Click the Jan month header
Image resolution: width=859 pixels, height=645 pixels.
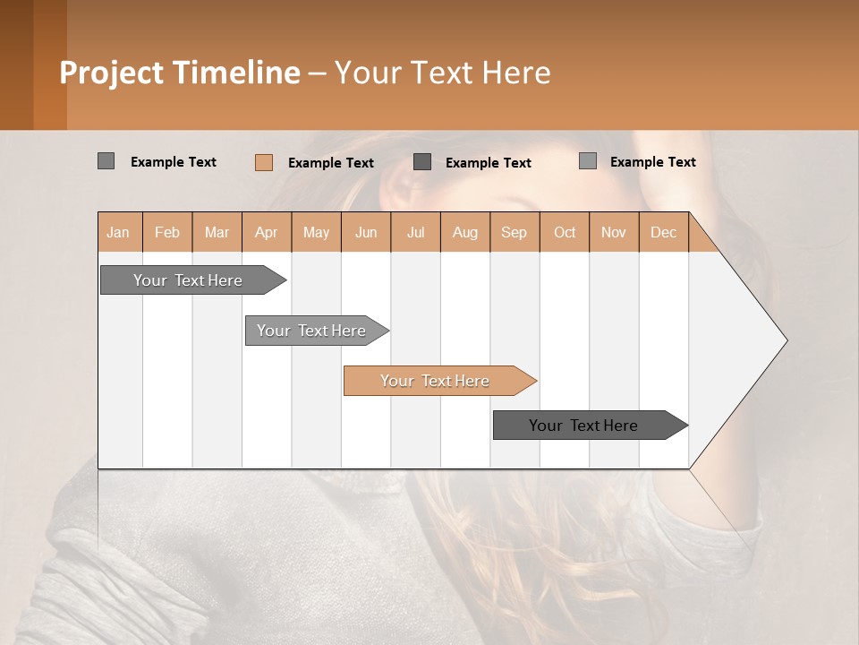[x=118, y=232]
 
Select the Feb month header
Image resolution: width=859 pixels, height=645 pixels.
[x=167, y=232]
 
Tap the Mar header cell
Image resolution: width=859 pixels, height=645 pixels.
[x=217, y=232]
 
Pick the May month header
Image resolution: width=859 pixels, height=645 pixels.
[x=316, y=232]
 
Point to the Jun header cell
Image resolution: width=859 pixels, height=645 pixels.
[x=366, y=232]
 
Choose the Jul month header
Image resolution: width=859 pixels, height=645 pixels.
[x=415, y=232]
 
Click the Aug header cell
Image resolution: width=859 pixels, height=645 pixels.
[x=465, y=232]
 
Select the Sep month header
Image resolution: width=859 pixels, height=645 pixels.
[x=515, y=232]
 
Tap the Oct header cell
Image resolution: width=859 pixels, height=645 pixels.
[x=565, y=232]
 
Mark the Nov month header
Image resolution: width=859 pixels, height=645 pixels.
[x=614, y=232]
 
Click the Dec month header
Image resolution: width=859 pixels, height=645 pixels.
[x=664, y=232]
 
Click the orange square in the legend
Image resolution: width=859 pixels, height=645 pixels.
[x=264, y=162]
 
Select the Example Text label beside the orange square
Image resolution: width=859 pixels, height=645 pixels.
[x=331, y=163]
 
